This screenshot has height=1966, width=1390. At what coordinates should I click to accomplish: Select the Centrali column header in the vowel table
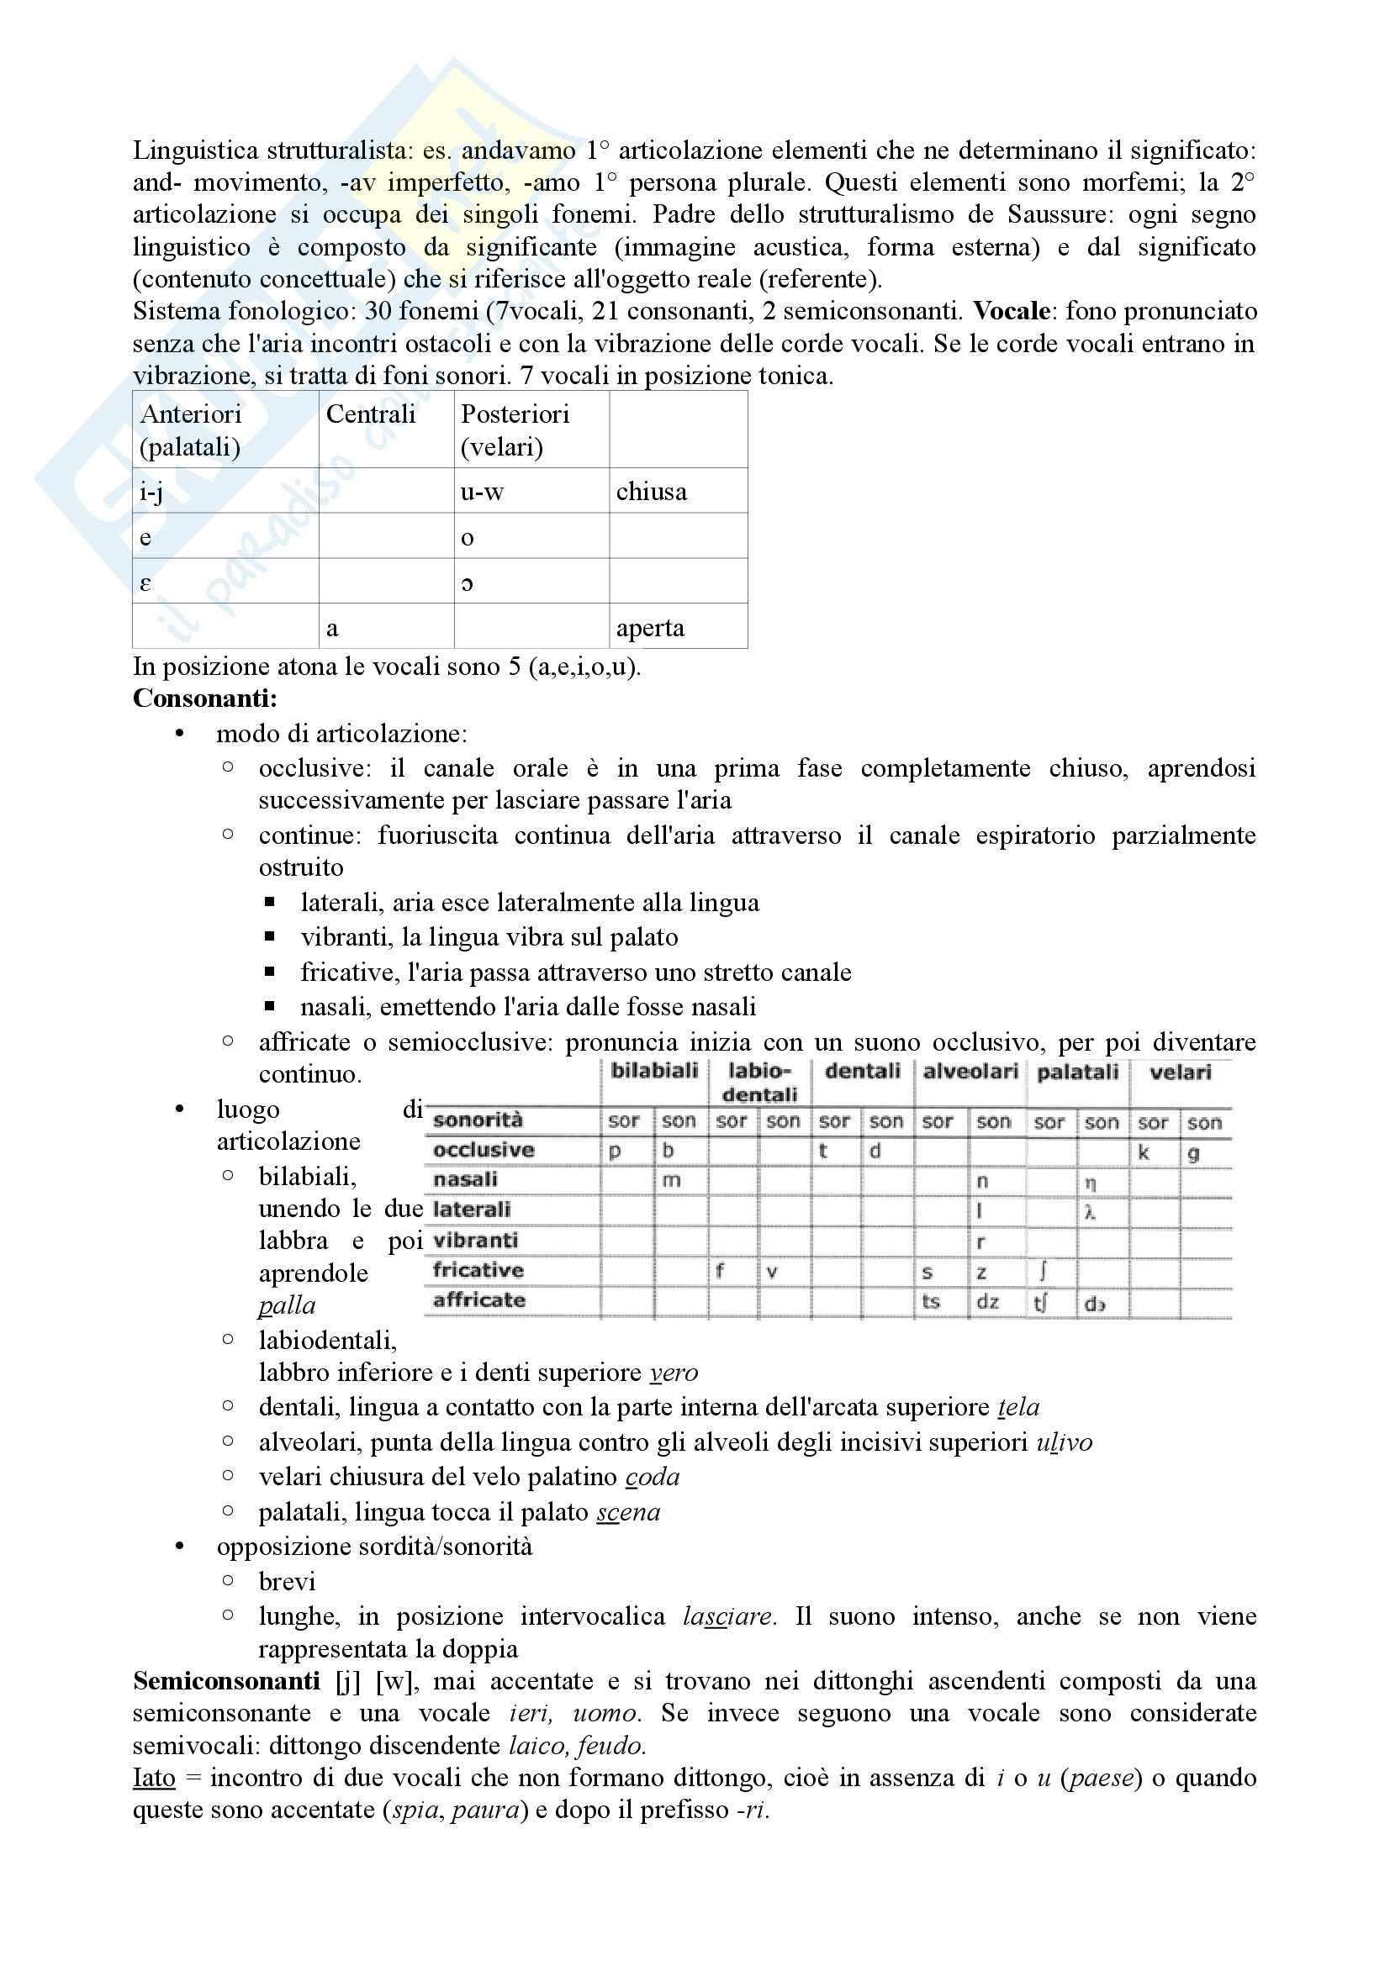pos(370,414)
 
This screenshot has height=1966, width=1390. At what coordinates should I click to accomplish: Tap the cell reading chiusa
pos(651,492)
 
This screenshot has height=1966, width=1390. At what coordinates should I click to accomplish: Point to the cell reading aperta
pos(650,628)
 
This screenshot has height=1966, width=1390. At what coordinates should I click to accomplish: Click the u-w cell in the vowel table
pos(482,492)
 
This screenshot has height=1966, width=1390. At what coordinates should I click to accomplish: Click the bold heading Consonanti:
pos(204,698)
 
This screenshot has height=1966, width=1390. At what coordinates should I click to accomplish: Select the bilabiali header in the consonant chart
pos(654,1071)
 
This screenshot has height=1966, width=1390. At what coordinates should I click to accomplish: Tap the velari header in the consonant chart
pos(1180,1072)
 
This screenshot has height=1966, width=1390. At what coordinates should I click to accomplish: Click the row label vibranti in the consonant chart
pos(475,1241)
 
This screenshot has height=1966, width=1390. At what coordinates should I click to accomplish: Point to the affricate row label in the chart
pos(478,1300)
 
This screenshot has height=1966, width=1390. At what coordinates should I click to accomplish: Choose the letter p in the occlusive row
pos(614,1152)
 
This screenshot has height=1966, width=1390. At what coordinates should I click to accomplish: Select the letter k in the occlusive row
pos(1144,1152)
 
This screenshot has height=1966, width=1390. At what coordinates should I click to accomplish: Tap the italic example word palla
pos(287,1306)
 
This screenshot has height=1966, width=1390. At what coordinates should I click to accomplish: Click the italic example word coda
pos(653,1477)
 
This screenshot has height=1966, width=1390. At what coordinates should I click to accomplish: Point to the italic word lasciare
pos(728,1616)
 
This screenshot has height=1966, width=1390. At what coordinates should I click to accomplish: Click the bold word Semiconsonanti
pos(226,1681)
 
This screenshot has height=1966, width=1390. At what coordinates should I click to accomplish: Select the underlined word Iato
pos(154,1778)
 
